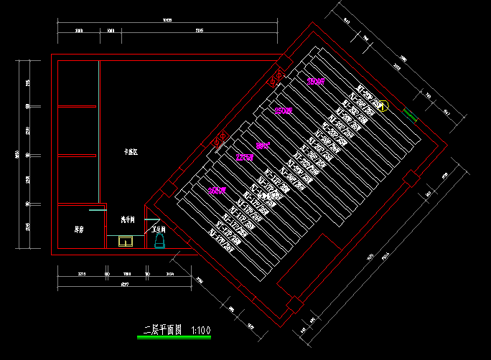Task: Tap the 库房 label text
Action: point(79,230)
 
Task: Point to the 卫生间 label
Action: point(159,230)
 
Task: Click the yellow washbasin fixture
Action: point(126,242)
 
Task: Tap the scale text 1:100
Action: point(202,330)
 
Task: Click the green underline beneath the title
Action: point(174,336)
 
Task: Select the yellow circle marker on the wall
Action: point(383,106)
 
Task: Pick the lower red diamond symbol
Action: point(220,138)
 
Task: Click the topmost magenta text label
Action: point(316,82)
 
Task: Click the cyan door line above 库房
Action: point(98,210)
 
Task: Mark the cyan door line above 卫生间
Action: point(151,219)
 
